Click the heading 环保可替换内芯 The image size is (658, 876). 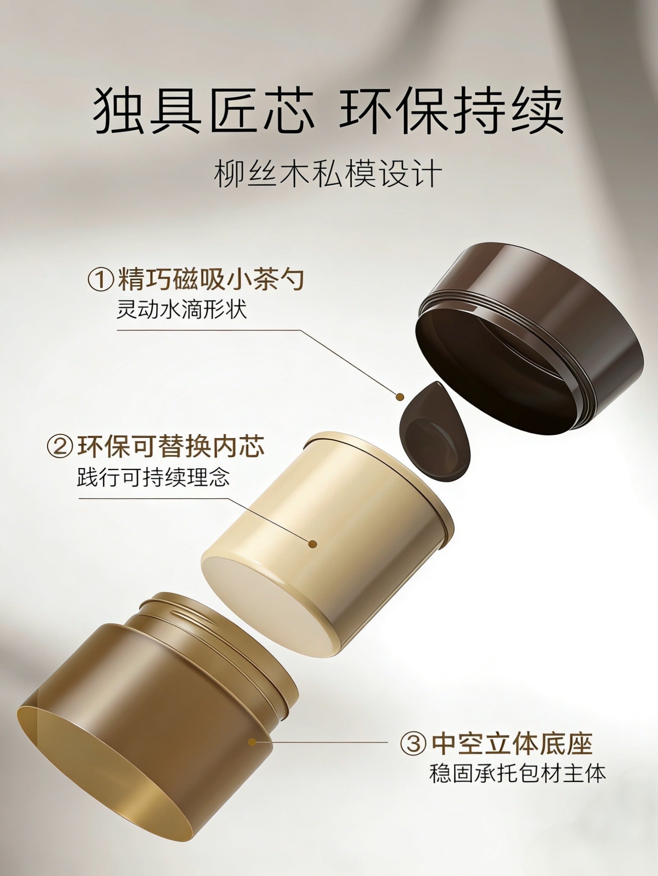[171, 447]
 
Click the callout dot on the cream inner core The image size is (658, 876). [312, 544]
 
